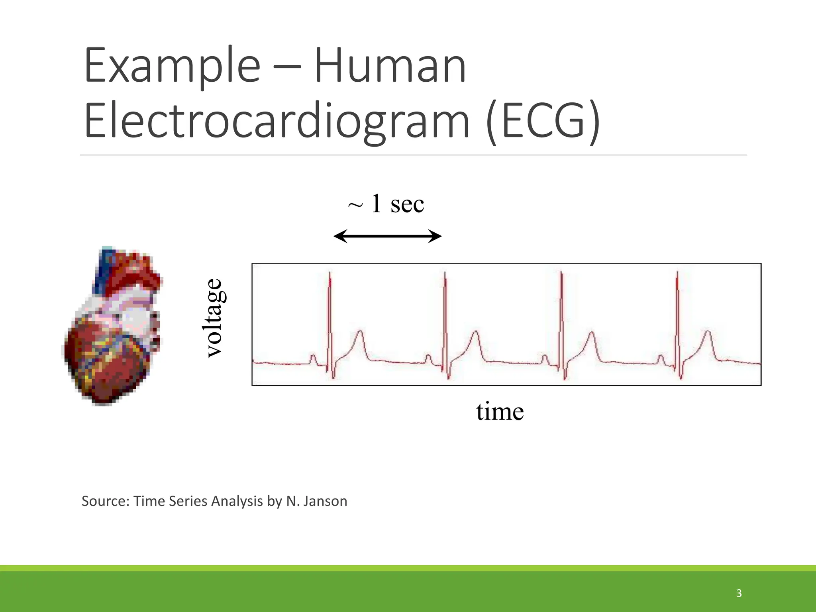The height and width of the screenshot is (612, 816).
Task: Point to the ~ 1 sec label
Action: click(386, 204)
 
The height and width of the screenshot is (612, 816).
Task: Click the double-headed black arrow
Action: click(387, 236)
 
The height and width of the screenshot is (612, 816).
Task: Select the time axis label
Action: click(500, 412)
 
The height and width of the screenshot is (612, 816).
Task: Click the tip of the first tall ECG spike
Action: click(330, 273)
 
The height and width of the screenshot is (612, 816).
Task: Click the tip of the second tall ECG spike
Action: click(445, 273)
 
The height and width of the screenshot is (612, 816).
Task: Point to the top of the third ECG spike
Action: click(561, 273)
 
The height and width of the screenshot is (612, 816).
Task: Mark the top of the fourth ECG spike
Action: click(677, 273)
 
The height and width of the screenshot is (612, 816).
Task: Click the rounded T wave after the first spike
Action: click(361, 331)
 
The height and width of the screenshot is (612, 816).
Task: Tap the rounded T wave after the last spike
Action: click(708, 332)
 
